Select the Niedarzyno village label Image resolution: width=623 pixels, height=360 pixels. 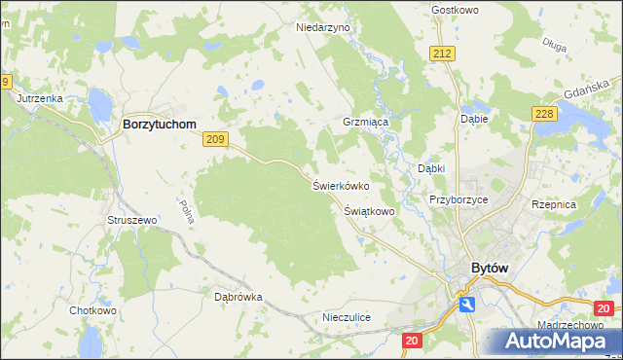click(322, 28)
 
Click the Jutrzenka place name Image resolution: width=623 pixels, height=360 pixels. click(39, 98)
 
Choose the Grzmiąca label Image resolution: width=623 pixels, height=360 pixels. click(366, 124)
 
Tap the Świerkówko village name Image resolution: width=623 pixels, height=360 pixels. click(340, 185)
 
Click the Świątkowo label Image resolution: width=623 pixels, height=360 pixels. click(369, 210)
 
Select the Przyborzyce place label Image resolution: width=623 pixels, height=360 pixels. click(458, 199)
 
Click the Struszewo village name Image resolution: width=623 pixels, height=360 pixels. click(132, 221)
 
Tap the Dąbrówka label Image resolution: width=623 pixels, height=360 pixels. click(238, 297)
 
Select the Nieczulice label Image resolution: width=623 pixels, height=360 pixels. click(347, 318)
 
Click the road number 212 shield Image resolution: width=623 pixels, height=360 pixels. click(444, 54)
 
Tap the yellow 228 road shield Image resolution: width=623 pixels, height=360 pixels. click(544, 115)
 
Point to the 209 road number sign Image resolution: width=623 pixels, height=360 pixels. click(216, 141)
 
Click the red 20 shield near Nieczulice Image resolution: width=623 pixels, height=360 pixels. click(412, 341)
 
